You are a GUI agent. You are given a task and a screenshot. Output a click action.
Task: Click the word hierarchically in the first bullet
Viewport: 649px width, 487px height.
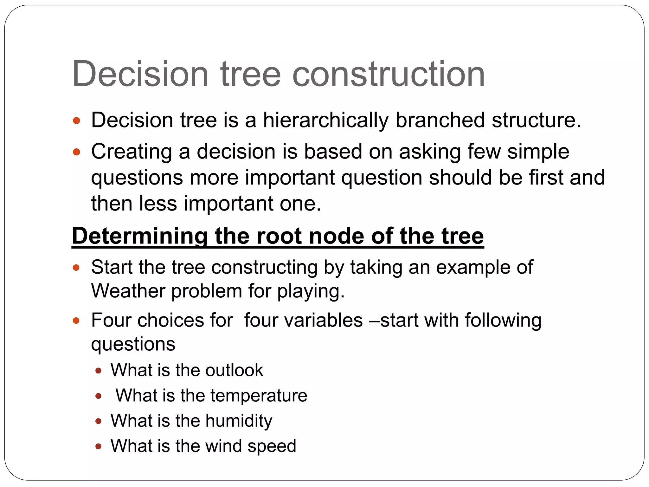point(325,120)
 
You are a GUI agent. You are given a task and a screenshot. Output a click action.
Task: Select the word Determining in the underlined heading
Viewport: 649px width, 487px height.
point(140,236)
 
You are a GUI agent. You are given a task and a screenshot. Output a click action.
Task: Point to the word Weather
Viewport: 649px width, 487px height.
point(128,291)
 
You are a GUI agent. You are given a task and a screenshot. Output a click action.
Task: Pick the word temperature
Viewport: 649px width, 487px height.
point(259,396)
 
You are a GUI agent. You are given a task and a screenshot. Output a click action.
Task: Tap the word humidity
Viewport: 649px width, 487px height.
point(239,421)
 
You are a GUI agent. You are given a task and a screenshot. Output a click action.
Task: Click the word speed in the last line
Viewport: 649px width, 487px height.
point(272,446)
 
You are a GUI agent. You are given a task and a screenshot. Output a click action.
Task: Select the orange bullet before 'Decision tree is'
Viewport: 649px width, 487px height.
point(76,121)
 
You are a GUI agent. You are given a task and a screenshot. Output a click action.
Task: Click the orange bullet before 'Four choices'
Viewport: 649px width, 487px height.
point(76,321)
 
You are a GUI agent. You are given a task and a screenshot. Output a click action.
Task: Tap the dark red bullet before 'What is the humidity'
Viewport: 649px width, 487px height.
point(98,421)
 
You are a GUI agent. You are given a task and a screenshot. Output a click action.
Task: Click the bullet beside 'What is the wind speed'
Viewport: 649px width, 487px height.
point(98,447)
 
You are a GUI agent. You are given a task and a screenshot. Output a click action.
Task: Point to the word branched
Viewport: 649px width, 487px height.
point(440,120)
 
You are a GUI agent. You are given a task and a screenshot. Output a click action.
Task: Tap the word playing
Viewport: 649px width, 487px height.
point(311,291)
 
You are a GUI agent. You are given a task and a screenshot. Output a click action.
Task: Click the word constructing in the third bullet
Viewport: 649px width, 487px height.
point(264,267)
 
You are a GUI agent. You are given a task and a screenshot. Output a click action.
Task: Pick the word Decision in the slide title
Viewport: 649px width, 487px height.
point(140,75)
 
